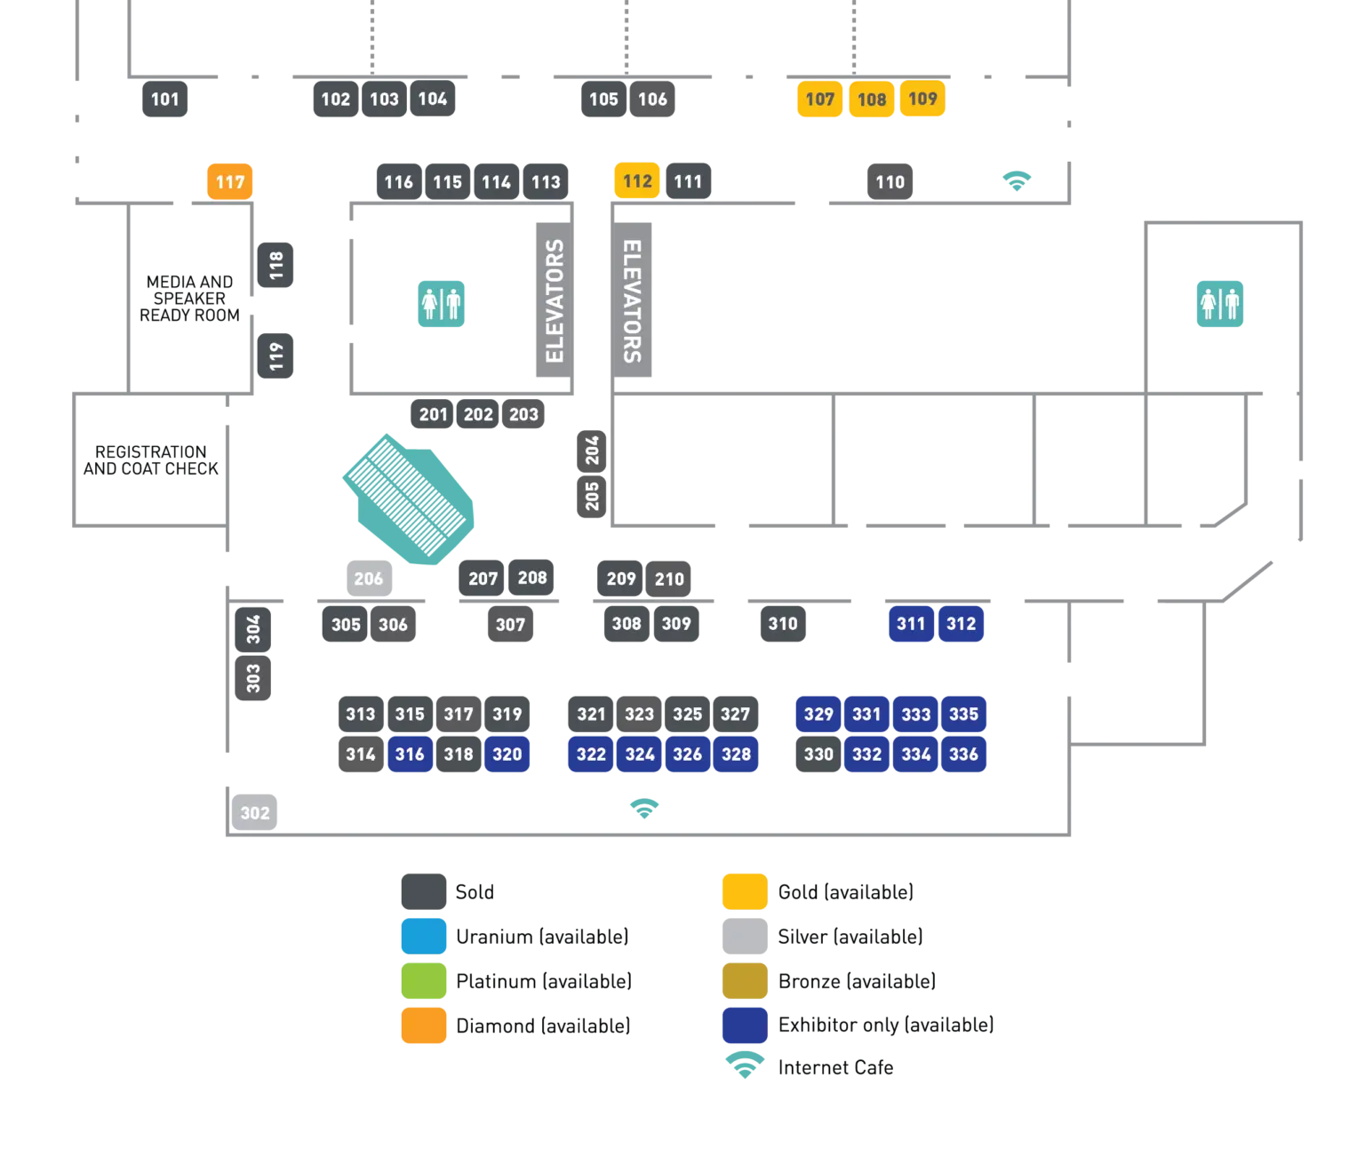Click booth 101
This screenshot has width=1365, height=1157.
click(x=166, y=100)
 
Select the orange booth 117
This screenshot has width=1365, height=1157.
click(x=230, y=182)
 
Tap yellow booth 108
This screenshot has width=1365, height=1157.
click(x=871, y=100)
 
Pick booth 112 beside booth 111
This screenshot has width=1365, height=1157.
click(x=637, y=181)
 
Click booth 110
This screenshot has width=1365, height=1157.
click(x=890, y=182)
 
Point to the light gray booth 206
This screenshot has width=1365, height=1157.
click(x=369, y=579)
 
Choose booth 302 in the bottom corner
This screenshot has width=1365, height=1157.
click(x=255, y=812)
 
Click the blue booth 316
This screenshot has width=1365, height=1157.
click(x=410, y=754)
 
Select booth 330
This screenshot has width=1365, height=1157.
click(x=818, y=754)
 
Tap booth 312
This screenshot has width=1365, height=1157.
click(x=961, y=624)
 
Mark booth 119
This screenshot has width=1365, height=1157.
click(x=276, y=355)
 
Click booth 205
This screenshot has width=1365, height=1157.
click(x=592, y=496)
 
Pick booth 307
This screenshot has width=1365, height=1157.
click(x=510, y=625)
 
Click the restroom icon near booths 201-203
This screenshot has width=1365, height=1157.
click(x=442, y=304)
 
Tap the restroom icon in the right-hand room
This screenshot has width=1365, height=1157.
click(x=1219, y=304)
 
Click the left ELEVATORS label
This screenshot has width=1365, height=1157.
click(x=555, y=301)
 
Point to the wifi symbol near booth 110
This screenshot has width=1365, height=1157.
click(x=1018, y=180)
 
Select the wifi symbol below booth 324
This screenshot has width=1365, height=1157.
click(x=643, y=809)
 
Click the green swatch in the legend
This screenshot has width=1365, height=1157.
click(x=423, y=981)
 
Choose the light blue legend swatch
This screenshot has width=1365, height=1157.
click(x=423, y=937)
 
